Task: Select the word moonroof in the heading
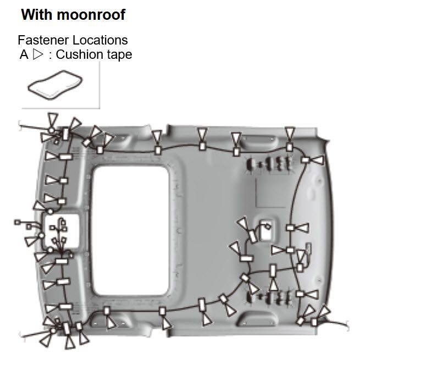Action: [x=91, y=14]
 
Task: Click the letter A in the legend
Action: [x=24, y=54]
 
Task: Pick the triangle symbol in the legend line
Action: [x=38, y=54]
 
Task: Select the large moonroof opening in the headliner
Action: [x=131, y=230]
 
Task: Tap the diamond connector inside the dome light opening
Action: [x=267, y=227]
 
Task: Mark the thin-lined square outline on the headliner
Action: [x=271, y=192]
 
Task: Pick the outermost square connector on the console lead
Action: [x=18, y=222]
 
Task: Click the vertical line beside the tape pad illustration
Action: [x=100, y=85]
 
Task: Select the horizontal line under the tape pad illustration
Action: [x=60, y=108]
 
